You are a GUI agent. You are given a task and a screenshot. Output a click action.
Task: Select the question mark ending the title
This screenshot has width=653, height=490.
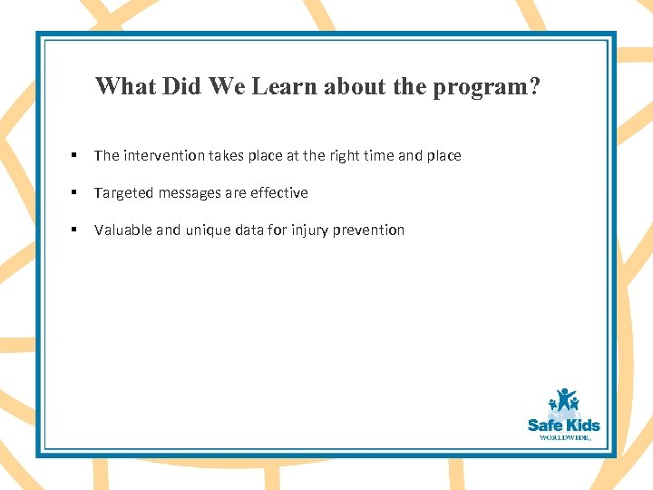[x=534, y=86]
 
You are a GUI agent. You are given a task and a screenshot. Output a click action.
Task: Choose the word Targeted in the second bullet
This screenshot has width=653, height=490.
[x=122, y=193]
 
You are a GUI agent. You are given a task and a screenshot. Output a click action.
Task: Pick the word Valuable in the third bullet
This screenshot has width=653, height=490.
[x=123, y=230]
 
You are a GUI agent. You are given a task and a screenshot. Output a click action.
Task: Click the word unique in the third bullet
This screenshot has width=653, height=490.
[x=210, y=230]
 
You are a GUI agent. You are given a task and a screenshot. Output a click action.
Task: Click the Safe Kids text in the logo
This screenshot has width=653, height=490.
[x=563, y=425]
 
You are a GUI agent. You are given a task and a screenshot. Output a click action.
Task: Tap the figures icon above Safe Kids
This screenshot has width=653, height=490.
[x=563, y=401]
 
